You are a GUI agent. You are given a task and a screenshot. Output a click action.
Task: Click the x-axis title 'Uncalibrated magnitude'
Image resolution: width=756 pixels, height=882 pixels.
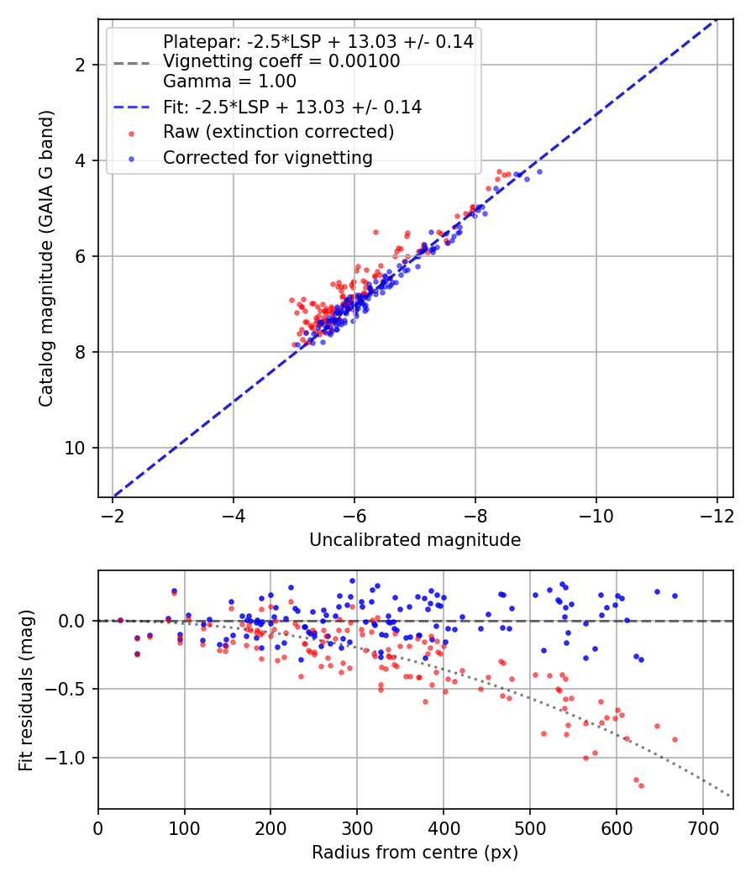[415, 540]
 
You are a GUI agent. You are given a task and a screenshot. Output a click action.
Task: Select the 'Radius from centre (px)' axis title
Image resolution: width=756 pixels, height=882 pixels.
[415, 853]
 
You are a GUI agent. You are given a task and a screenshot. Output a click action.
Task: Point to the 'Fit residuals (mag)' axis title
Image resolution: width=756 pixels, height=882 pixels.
[26, 690]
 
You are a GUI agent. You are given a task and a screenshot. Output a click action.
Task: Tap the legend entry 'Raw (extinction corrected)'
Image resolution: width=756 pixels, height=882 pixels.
[278, 132]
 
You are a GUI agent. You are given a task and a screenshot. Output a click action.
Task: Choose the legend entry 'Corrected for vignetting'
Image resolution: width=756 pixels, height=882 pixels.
[267, 157]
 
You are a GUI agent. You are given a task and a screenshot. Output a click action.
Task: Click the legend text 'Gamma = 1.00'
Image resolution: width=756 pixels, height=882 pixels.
[229, 81]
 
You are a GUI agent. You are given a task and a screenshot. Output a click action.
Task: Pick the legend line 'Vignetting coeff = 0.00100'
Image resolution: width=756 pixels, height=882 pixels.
[281, 61]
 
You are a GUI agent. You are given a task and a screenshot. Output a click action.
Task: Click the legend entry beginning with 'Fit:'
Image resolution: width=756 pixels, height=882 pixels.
[292, 107]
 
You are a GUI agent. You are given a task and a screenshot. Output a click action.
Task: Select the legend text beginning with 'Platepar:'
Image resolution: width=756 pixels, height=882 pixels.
[318, 41]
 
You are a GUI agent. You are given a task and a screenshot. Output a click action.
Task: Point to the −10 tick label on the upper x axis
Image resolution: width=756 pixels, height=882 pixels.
[596, 513]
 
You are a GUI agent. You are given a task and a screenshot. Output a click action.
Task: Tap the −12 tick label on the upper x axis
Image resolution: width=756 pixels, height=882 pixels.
[717, 513]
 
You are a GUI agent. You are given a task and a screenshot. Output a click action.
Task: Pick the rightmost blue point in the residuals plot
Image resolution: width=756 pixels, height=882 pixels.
[675, 596]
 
